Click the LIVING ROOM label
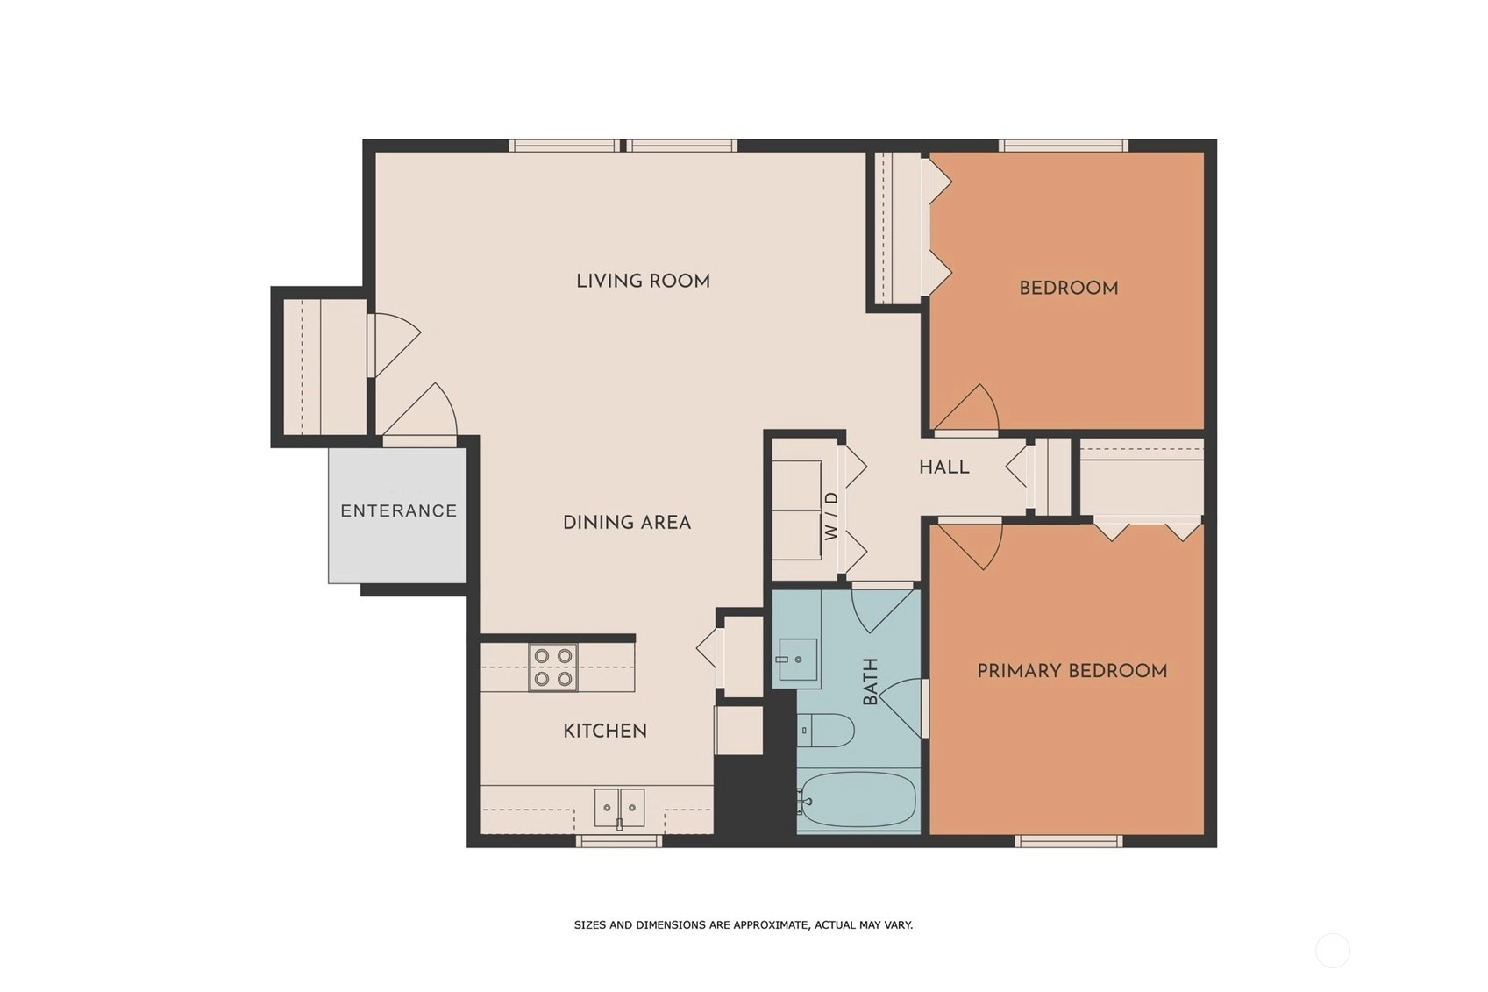(x=643, y=281)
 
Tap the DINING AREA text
(x=627, y=523)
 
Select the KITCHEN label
(x=605, y=731)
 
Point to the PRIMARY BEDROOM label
(x=1072, y=671)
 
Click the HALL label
(x=944, y=467)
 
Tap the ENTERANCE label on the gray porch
(x=399, y=511)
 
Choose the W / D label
(x=831, y=516)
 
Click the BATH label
(x=870, y=682)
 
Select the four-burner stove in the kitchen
(x=552, y=667)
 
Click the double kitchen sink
(x=619, y=807)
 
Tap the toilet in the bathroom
(x=824, y=731)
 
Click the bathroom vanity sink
(x=797, y=660)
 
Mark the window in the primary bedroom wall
(x=1069, y=841)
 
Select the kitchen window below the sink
(x=619, y=841)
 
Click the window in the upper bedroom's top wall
(x=1064, y=146)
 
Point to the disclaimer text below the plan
(x=744, y=924)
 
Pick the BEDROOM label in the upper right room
(x=1069, y=289)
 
